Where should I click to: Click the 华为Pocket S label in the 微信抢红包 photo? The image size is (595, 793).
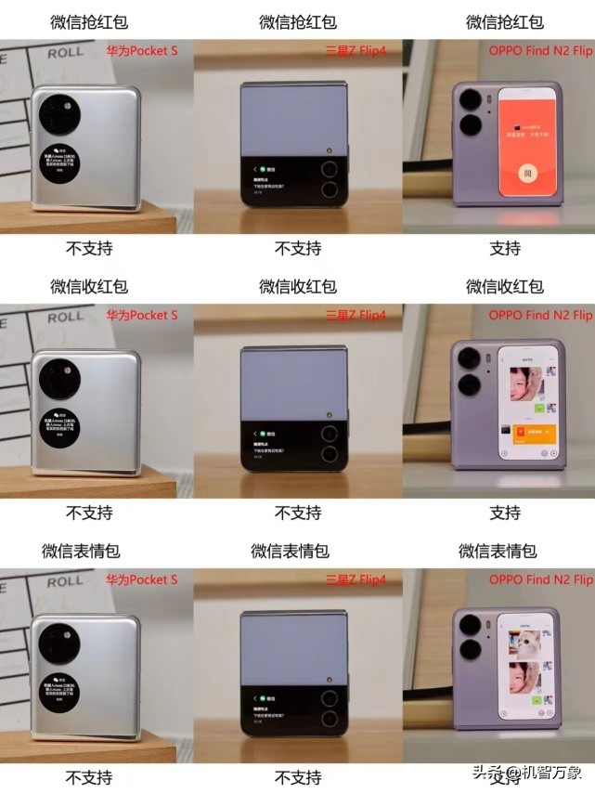coord(141,51)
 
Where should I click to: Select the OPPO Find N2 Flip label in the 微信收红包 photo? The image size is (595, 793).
coord(540,315)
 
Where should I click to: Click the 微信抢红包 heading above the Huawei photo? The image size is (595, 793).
coord(89,21)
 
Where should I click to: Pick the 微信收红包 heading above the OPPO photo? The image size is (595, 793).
coord(505,286)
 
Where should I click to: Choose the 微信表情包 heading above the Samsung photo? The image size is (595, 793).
coord(297,551)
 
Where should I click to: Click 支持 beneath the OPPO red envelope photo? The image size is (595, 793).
coord(505,248)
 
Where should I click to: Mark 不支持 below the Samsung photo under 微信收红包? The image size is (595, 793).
coord(297,513)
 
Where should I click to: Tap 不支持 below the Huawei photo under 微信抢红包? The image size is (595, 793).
coord(89,248)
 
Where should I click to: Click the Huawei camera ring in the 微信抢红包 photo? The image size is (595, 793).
coord(60,115)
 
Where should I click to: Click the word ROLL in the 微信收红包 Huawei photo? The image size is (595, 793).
coord(65,317)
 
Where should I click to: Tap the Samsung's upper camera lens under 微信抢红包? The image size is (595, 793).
coord(330,169)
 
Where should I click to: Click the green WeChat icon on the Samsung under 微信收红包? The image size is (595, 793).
coord(263,434)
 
